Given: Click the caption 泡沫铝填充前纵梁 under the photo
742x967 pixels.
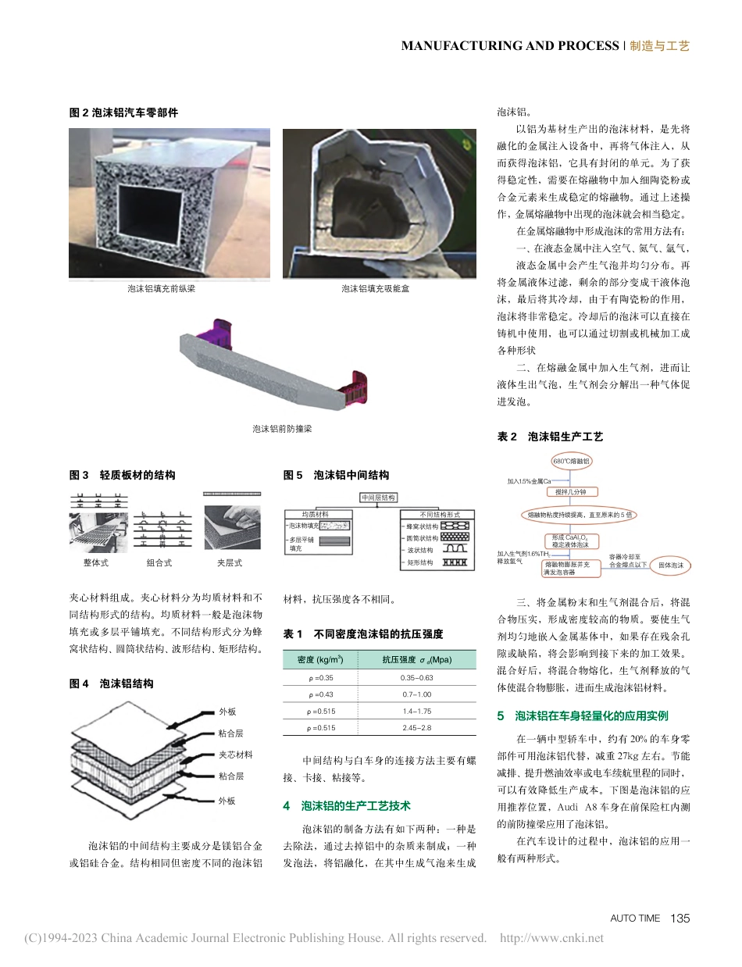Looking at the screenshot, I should click(162, 289).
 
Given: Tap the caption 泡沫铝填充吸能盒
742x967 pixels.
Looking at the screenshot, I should click(375, 289).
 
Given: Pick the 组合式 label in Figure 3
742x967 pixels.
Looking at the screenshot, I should click(159, 562).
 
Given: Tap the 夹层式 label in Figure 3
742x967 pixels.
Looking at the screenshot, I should click(229, 562).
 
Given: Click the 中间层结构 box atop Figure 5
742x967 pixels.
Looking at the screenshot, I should click(378, 498).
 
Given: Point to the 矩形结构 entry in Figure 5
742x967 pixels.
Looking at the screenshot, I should click(420, 562).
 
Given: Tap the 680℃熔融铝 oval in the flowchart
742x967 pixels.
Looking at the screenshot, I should click(575, 462).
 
